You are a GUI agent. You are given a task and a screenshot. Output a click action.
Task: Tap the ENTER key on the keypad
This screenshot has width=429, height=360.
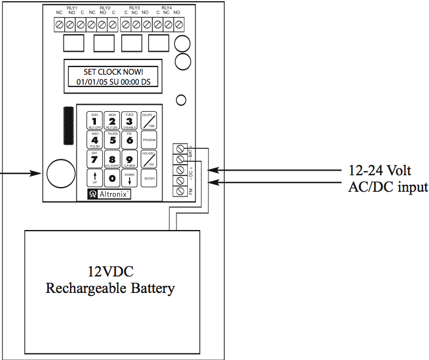pos(149,178)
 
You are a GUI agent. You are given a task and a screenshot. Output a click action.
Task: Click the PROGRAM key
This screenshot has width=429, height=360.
pos(149,139)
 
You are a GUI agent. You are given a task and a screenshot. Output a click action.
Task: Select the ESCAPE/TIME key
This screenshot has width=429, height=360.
pos(149,120)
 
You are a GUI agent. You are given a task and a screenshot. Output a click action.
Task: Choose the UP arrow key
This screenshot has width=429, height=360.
pos(95,178)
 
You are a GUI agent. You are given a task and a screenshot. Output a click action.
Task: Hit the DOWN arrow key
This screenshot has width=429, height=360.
pos(129,178)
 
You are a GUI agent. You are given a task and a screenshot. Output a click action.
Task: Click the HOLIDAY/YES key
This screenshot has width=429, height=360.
pos(149,159)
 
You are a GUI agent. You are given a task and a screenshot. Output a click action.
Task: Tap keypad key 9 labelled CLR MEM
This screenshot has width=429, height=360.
pos(129,159)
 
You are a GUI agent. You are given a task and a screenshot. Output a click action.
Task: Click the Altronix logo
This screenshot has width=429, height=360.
pos(109,194)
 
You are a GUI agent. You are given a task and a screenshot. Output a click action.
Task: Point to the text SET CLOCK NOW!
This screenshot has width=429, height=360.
pos(113,72)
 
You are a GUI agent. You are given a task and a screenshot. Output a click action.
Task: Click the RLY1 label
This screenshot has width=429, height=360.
pos(72,8)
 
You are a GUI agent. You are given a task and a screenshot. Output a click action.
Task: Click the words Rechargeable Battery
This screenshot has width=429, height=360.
pos(110,288)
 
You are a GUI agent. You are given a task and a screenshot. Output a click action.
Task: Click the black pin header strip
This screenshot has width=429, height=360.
pos(68,126)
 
